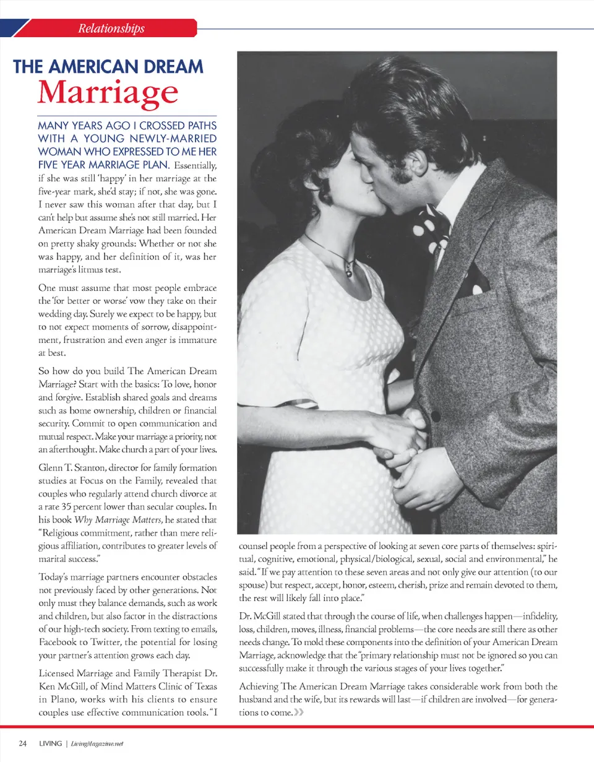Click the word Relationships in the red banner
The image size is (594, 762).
[111, 28]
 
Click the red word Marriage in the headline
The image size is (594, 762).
[108, 92]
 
